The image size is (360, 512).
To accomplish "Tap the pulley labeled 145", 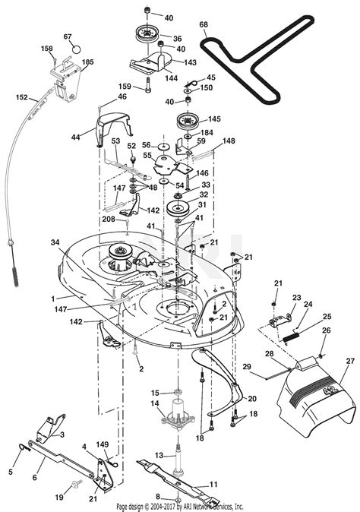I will (x=185, y=122).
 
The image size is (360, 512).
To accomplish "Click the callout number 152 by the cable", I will (x=22, y=97).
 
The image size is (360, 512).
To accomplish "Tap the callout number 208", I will (x=109, y=219).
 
